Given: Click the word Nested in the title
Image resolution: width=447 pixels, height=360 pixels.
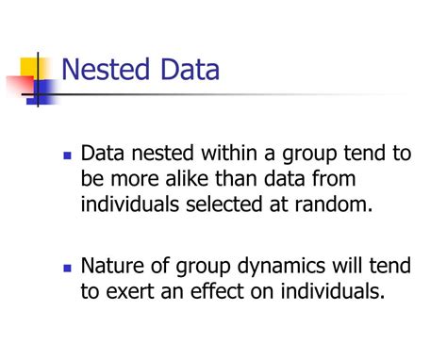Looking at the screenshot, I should (x=105, y=72).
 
